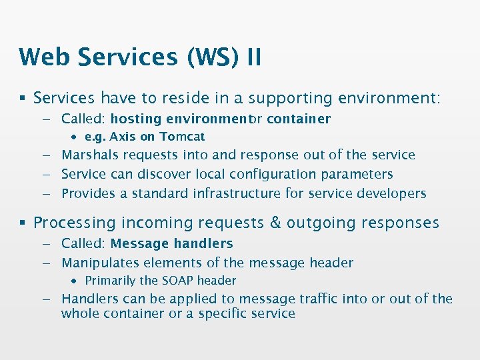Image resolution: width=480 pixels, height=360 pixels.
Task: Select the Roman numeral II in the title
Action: point(253,57)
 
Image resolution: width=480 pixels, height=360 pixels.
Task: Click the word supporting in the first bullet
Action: point(291,99)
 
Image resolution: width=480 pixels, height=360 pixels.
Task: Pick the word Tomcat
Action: point(181,137)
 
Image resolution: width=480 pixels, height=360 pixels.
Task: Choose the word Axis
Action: point(123,137)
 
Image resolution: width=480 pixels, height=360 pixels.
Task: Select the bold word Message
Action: point(139,244)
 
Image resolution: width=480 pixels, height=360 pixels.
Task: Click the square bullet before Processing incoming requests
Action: point(23,223)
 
